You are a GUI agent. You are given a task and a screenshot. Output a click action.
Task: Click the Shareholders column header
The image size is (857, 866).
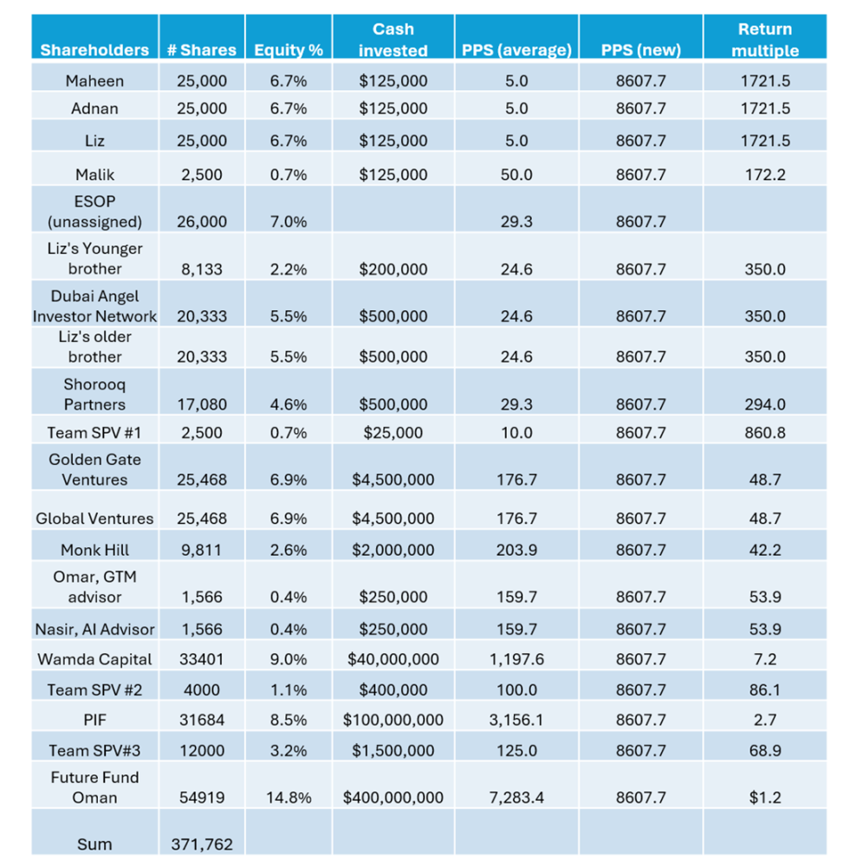coord(94,49)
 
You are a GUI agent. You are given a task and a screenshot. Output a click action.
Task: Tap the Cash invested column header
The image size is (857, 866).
coord(393,40)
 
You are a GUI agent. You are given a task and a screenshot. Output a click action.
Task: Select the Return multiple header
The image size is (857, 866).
coord(765,40)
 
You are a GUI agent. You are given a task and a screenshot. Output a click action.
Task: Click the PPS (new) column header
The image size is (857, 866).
coord(640,49)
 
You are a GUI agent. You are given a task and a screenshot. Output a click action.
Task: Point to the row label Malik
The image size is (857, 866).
coord(94,174)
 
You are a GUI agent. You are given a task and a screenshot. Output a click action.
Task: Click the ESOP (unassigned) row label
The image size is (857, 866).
coord(94,211)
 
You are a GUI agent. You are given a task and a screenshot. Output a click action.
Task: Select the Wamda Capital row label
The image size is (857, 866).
coord(94,659)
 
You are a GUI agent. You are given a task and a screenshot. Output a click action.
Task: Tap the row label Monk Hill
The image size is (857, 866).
coord(94,550)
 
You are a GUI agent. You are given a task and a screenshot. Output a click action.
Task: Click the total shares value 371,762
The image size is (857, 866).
coord(201,844)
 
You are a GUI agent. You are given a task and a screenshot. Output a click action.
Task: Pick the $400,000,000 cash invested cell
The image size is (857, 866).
coord(393,798)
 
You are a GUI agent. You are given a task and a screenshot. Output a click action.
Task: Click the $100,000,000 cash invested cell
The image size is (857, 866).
coord(393,720)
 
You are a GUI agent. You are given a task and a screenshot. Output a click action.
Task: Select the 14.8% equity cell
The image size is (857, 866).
coord(289,798)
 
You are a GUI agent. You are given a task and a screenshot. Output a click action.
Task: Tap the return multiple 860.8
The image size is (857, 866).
coord(765,432)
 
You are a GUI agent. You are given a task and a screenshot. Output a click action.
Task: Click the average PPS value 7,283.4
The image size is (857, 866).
coord(516,798)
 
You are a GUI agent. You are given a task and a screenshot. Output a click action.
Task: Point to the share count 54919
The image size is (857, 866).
coord(201,798)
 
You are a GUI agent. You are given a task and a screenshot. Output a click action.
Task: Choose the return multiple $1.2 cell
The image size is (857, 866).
coord(765,798)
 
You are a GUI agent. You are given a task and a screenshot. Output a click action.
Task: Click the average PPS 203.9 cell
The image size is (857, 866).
coord(516,550)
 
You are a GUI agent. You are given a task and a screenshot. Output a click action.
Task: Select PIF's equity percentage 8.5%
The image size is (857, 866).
coord(289,720)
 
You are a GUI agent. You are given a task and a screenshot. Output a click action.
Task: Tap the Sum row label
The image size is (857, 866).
coord(94,844)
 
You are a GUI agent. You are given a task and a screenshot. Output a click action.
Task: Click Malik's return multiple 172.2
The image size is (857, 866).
coord(765,174)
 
